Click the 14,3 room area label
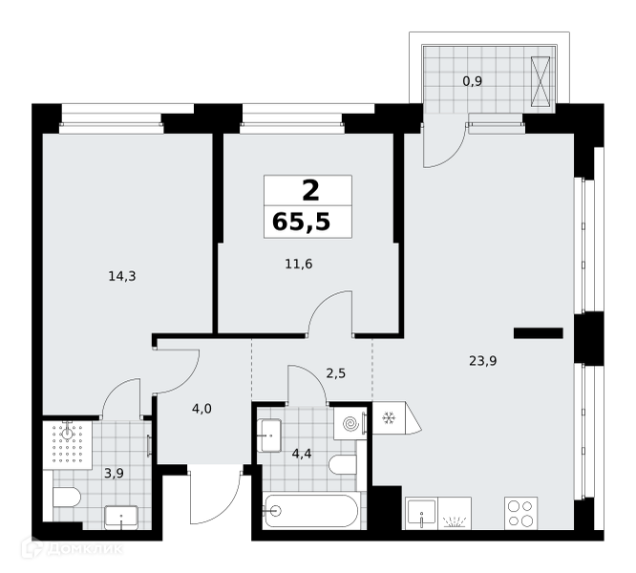coord(122,277)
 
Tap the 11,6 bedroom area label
coord(299,265)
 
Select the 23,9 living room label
coord(482,360)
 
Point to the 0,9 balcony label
coord(473,81)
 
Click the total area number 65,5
coord(302,222)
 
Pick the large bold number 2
coord(310,191)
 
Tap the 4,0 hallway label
coord(201,409)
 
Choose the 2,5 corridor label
coord(336,373)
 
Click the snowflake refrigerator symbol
coord(389,417)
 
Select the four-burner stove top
coord(520,513)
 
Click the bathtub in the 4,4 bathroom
coord(310,511)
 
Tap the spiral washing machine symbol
coord(350,424)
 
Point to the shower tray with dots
coord(68,445)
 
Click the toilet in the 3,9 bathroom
coord(67,498)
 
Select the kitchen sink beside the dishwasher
coord(421,514)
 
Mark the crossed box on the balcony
coord(541,81)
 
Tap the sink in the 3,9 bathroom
coord(121,518)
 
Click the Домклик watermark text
coord(84,549)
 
